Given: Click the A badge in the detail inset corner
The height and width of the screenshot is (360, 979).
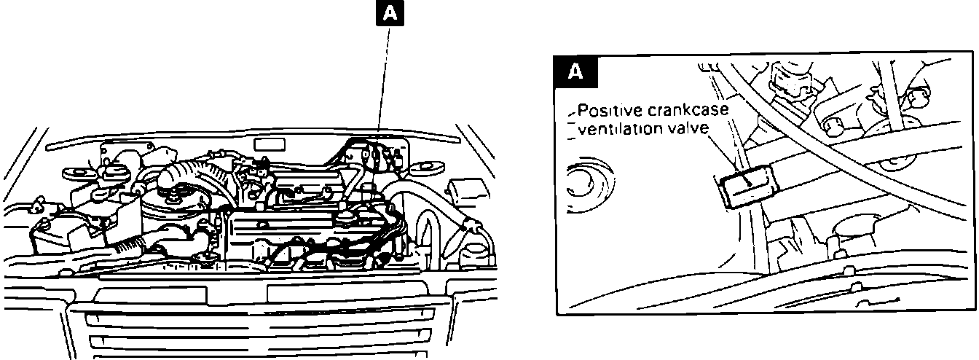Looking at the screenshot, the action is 575,71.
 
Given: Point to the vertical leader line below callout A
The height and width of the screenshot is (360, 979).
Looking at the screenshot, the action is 385,80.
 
